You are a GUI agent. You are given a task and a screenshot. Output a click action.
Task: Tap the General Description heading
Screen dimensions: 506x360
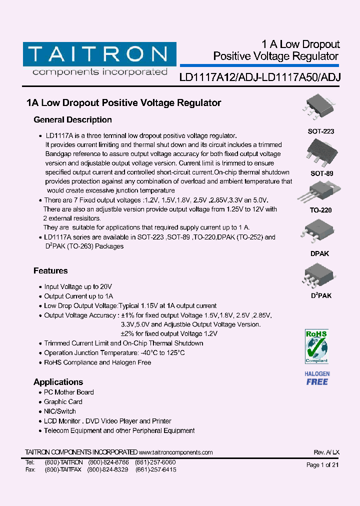tap(72, 120)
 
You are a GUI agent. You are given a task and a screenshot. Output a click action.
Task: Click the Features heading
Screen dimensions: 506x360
tap(50, 271)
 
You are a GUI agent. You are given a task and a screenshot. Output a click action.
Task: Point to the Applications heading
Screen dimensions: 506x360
tap(58, 382)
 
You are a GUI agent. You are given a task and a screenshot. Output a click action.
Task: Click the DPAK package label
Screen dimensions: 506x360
tap(320, 253)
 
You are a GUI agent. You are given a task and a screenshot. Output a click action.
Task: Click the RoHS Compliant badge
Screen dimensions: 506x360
tap(316, 346)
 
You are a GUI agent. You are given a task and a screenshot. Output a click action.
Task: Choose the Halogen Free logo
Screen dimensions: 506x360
tap(317, 378)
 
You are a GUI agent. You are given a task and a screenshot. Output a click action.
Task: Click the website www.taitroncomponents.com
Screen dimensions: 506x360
tap(176, 452)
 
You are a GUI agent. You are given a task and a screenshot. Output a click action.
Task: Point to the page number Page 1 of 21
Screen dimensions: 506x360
tap(322, 465)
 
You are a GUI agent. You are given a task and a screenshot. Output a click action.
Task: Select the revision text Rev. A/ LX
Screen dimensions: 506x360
tap(326, 452)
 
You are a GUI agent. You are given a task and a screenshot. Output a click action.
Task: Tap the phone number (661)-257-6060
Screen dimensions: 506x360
tap(156, 462)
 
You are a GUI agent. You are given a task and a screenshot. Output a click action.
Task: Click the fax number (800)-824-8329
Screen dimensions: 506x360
tap(107, 470)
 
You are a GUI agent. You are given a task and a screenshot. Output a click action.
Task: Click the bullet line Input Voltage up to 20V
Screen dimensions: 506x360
tap(78, 287)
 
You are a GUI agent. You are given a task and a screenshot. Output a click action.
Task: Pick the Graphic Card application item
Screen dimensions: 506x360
tap(63, 402)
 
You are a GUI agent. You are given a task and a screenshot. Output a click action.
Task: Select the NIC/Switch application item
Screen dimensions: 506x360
tap(60, 411)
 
